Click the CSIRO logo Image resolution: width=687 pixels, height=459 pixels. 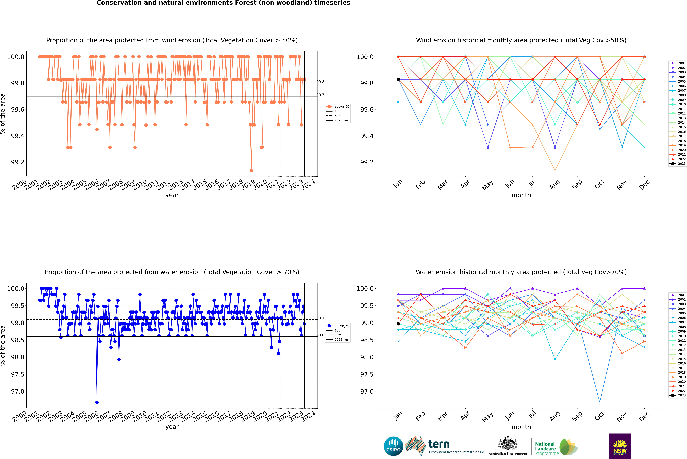393,446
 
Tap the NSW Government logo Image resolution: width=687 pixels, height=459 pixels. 620,446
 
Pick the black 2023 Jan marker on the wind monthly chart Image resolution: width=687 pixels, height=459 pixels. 398,79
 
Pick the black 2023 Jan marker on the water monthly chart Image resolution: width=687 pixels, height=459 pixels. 398,324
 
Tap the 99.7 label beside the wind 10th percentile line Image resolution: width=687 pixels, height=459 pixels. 320,95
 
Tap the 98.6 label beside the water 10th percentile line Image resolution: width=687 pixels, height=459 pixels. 320,335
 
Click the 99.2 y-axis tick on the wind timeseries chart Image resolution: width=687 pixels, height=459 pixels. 18,162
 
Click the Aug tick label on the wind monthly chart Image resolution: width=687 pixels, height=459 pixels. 555,184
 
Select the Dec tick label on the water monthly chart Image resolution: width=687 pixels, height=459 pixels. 644,416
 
